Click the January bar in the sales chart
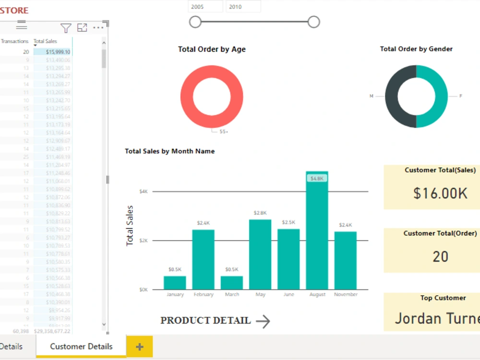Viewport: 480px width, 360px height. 175,283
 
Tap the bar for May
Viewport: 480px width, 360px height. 260,254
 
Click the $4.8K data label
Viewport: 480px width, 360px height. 317,178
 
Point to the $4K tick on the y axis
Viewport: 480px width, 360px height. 144,192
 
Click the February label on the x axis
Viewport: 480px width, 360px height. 204,294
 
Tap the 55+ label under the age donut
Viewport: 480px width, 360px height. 224,131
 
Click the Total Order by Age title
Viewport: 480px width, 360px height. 212,49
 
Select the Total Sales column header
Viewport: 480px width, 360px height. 46,41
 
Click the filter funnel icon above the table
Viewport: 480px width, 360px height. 66,28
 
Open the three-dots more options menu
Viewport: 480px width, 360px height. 98,28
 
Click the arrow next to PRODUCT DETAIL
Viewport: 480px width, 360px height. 263,322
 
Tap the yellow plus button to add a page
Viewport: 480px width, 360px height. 140,347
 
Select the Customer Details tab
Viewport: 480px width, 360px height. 81,347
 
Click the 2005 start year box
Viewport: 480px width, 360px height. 205,7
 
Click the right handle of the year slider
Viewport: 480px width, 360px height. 313,22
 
